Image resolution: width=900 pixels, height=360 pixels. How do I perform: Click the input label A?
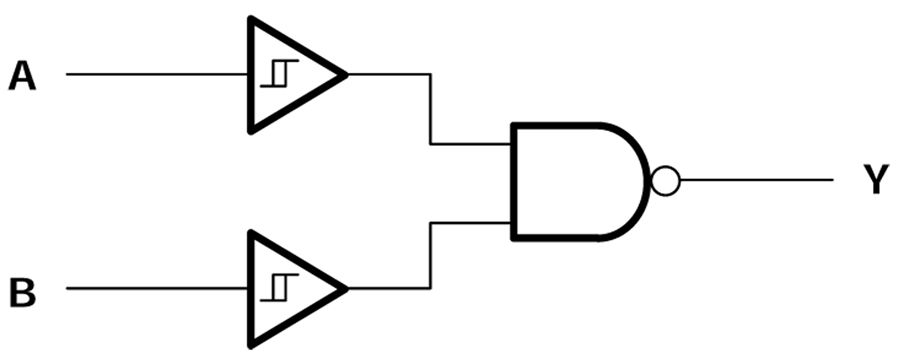coord(22,76)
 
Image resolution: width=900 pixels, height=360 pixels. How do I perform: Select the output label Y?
coord(875,181)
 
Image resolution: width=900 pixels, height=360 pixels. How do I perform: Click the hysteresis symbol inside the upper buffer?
coord(274,74)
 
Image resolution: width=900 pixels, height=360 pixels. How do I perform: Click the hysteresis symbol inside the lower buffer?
coord(274,288)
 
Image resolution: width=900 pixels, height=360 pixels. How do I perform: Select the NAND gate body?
coord(570,182)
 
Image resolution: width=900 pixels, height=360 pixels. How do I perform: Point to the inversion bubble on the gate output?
coord(665,181)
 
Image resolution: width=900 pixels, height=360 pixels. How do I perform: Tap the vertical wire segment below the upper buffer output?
coord(430,110)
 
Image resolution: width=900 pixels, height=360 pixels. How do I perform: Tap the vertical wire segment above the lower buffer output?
coord(430,256)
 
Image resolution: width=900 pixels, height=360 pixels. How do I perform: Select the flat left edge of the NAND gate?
coord(513,182)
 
